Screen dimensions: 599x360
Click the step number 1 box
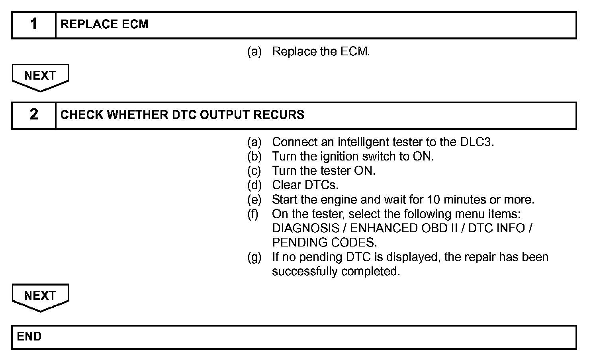tap(34, 25)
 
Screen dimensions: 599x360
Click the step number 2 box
tap(34, 115)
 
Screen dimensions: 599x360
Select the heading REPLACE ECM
tap(104, 25)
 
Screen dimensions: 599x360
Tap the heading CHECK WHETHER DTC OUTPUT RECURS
tap(182, 115)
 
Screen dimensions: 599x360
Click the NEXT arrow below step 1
tap(40, 77)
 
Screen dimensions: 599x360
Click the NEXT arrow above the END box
tap(40, 297)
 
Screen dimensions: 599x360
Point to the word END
tap(29, 337)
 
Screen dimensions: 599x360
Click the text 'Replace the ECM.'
tap(321, 52)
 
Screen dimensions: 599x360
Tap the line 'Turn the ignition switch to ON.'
tap(353, 157)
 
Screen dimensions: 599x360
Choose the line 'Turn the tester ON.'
tap(324, 171)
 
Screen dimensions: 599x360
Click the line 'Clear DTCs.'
tap(305, 185)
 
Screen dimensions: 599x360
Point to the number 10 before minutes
tap(433, 200)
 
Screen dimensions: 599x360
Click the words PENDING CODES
tap(324, 243)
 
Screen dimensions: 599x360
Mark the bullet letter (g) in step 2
tap(254, 257)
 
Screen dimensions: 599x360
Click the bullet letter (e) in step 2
tap(254, 200)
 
